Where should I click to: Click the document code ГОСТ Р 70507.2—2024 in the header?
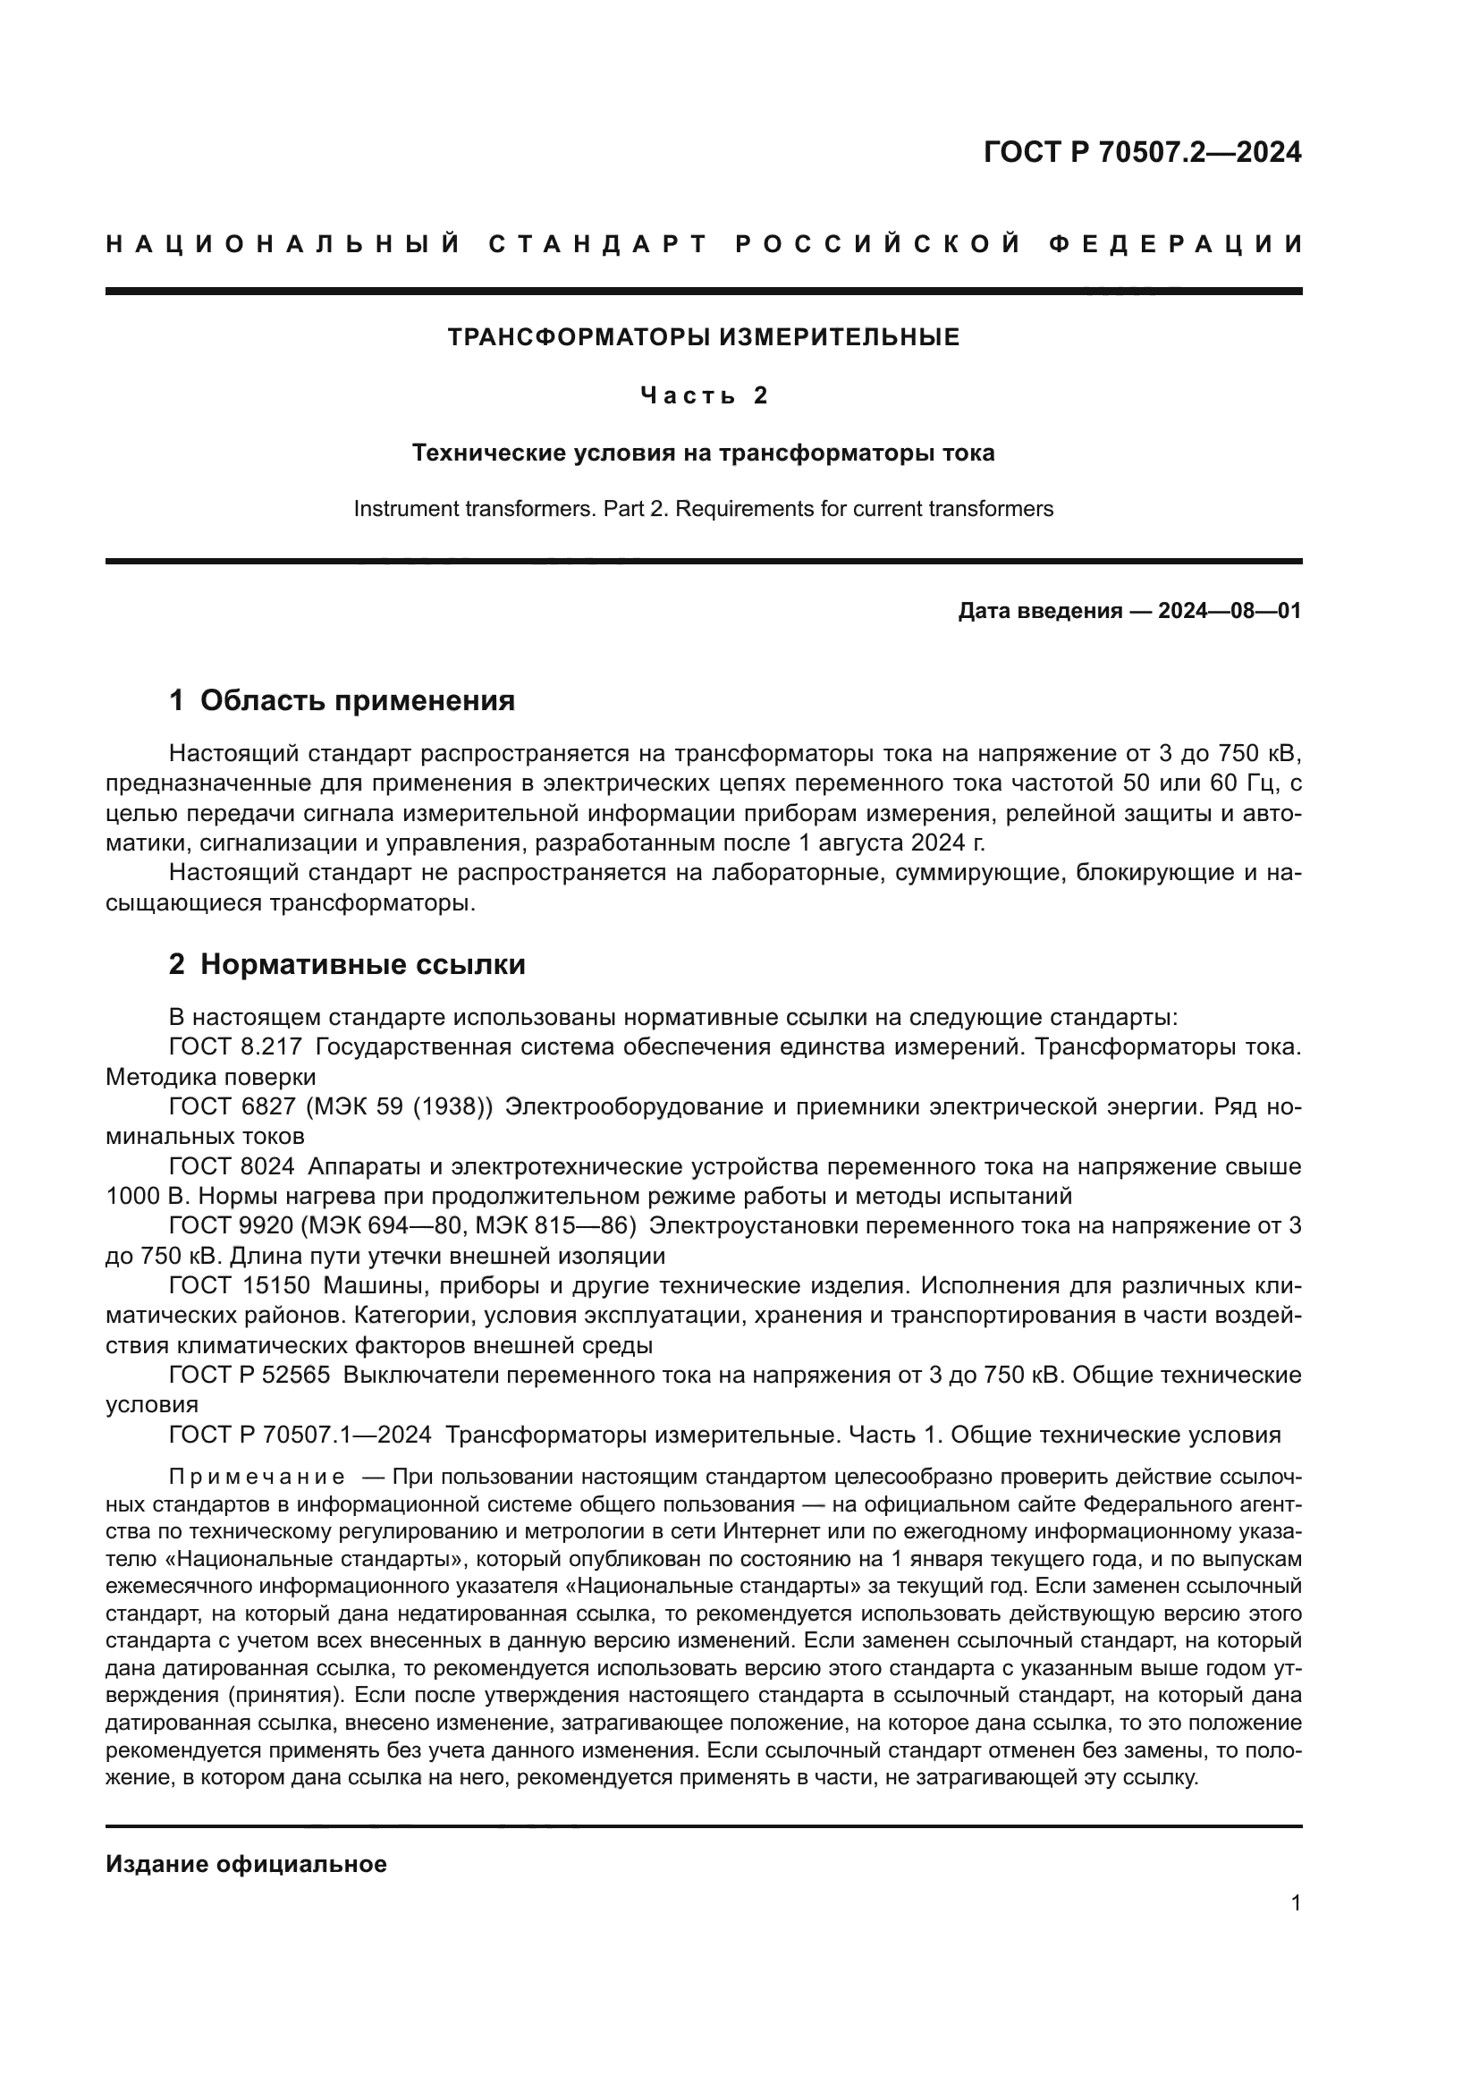pos(1142,152)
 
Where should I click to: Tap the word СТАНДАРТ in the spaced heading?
pos(597,244)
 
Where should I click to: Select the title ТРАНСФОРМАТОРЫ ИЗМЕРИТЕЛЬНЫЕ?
pos(703,338)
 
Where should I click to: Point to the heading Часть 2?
pos(703,395)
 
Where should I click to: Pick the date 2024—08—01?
pos(1230,612)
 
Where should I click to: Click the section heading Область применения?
pos(357,700)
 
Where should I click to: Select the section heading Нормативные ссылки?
pos(362,965)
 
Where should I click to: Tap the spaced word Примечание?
pos(257,1477)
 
